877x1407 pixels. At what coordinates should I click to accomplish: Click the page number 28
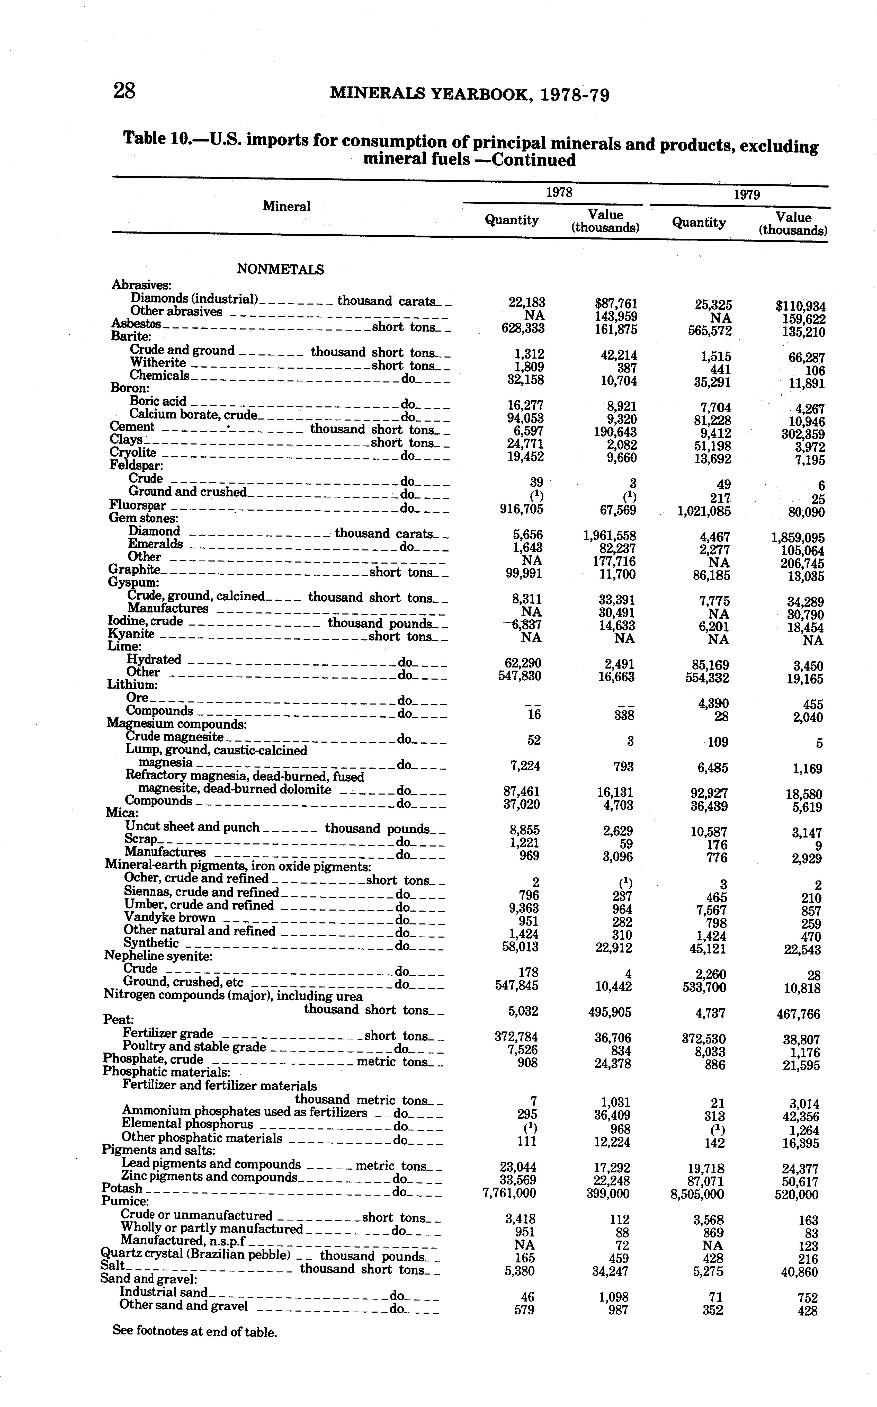point(124,91)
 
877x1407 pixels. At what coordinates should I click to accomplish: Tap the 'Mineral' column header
point(287,207)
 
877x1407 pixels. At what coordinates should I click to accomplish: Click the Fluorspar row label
point(138,506)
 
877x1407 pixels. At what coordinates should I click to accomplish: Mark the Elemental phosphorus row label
point(187,1124)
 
